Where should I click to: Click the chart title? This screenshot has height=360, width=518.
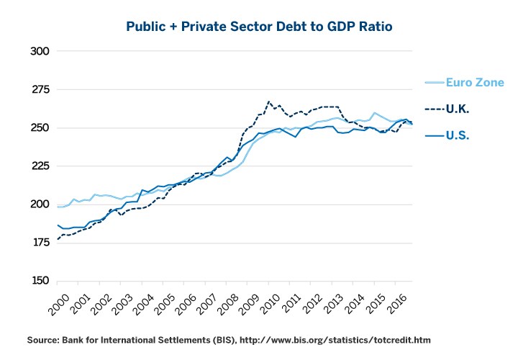259,27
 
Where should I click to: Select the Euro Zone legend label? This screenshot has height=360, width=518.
469,83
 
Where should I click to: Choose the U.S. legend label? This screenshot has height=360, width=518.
458,135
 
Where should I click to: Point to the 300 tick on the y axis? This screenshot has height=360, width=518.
39,52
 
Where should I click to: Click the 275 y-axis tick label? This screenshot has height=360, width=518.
39,90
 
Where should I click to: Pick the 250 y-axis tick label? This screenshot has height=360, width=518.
39,128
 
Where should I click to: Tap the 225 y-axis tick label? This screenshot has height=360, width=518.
39,166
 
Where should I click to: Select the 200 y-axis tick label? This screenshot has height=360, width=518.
39,204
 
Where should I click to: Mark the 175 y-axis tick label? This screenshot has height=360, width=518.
39,243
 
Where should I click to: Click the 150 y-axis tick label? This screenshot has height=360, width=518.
39,281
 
